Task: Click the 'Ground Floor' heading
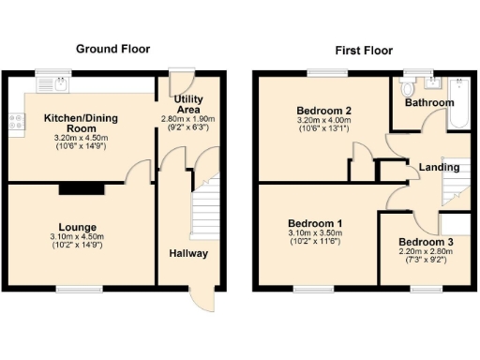click(x=112, y=49)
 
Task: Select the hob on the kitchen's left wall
click(x=15, y=121)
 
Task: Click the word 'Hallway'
click(x=188, y=254)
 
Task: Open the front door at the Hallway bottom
click(x=200, y=300)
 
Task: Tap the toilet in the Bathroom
click(x=407, y=89)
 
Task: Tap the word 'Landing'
click(x=439, y=168)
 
